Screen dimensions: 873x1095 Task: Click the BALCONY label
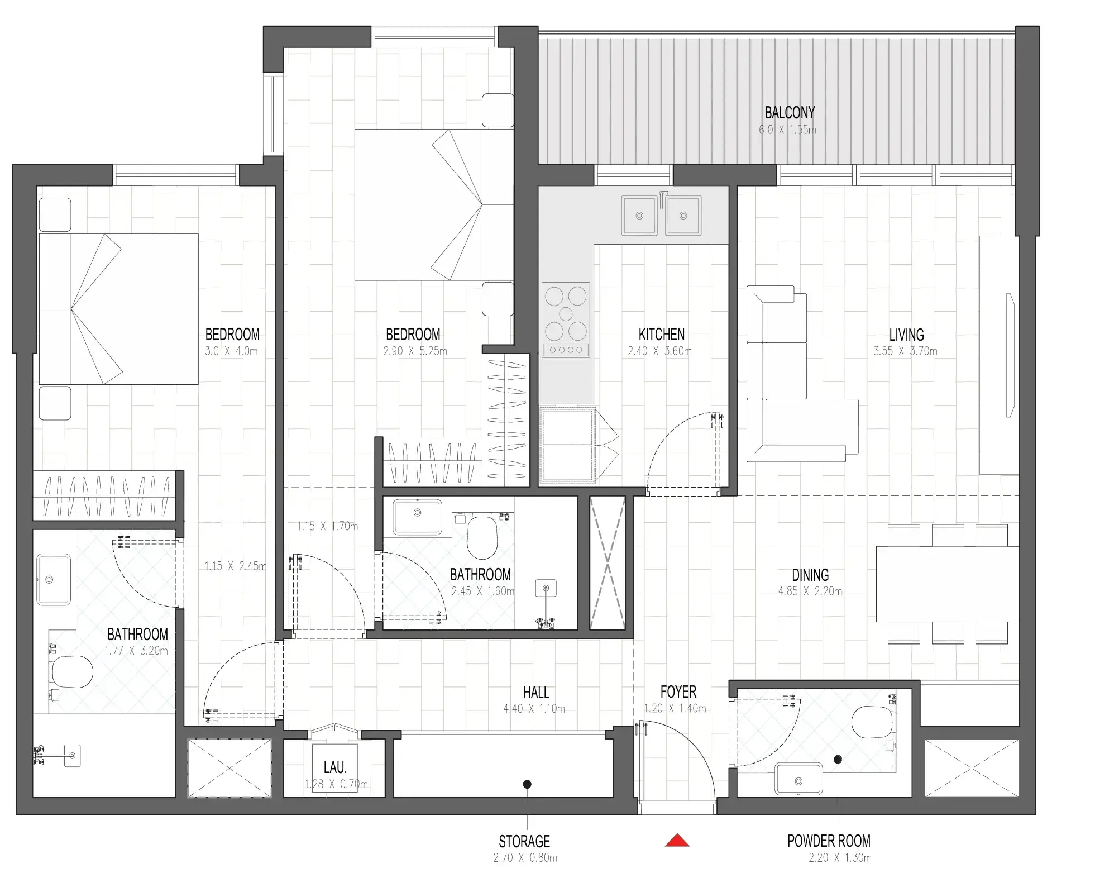pos(789,113)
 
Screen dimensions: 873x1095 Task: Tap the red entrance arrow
pos(676,840)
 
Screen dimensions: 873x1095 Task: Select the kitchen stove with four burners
pos(566,319)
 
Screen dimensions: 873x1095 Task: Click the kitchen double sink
pos(661,215)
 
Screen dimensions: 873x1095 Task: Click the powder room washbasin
pos(798,780)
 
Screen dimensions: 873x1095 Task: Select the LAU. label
pos(335,767)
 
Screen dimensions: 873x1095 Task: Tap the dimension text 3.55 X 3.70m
pos(905,351)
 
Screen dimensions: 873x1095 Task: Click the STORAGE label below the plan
pos(524,841)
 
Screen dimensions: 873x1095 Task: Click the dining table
pos(946,584)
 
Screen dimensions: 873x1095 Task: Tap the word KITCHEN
pos(661,335)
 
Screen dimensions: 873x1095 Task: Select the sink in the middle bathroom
pos(417,517)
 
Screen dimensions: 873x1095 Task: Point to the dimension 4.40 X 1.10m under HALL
pos(534,709)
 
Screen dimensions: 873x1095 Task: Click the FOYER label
pos(678,692)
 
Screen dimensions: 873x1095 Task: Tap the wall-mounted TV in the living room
pos(1010,355)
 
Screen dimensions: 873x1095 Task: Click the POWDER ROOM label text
pos(829,841)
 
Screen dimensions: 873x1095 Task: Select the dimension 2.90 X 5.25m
pos(415,351)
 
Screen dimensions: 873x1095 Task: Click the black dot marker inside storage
pos(527,784)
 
